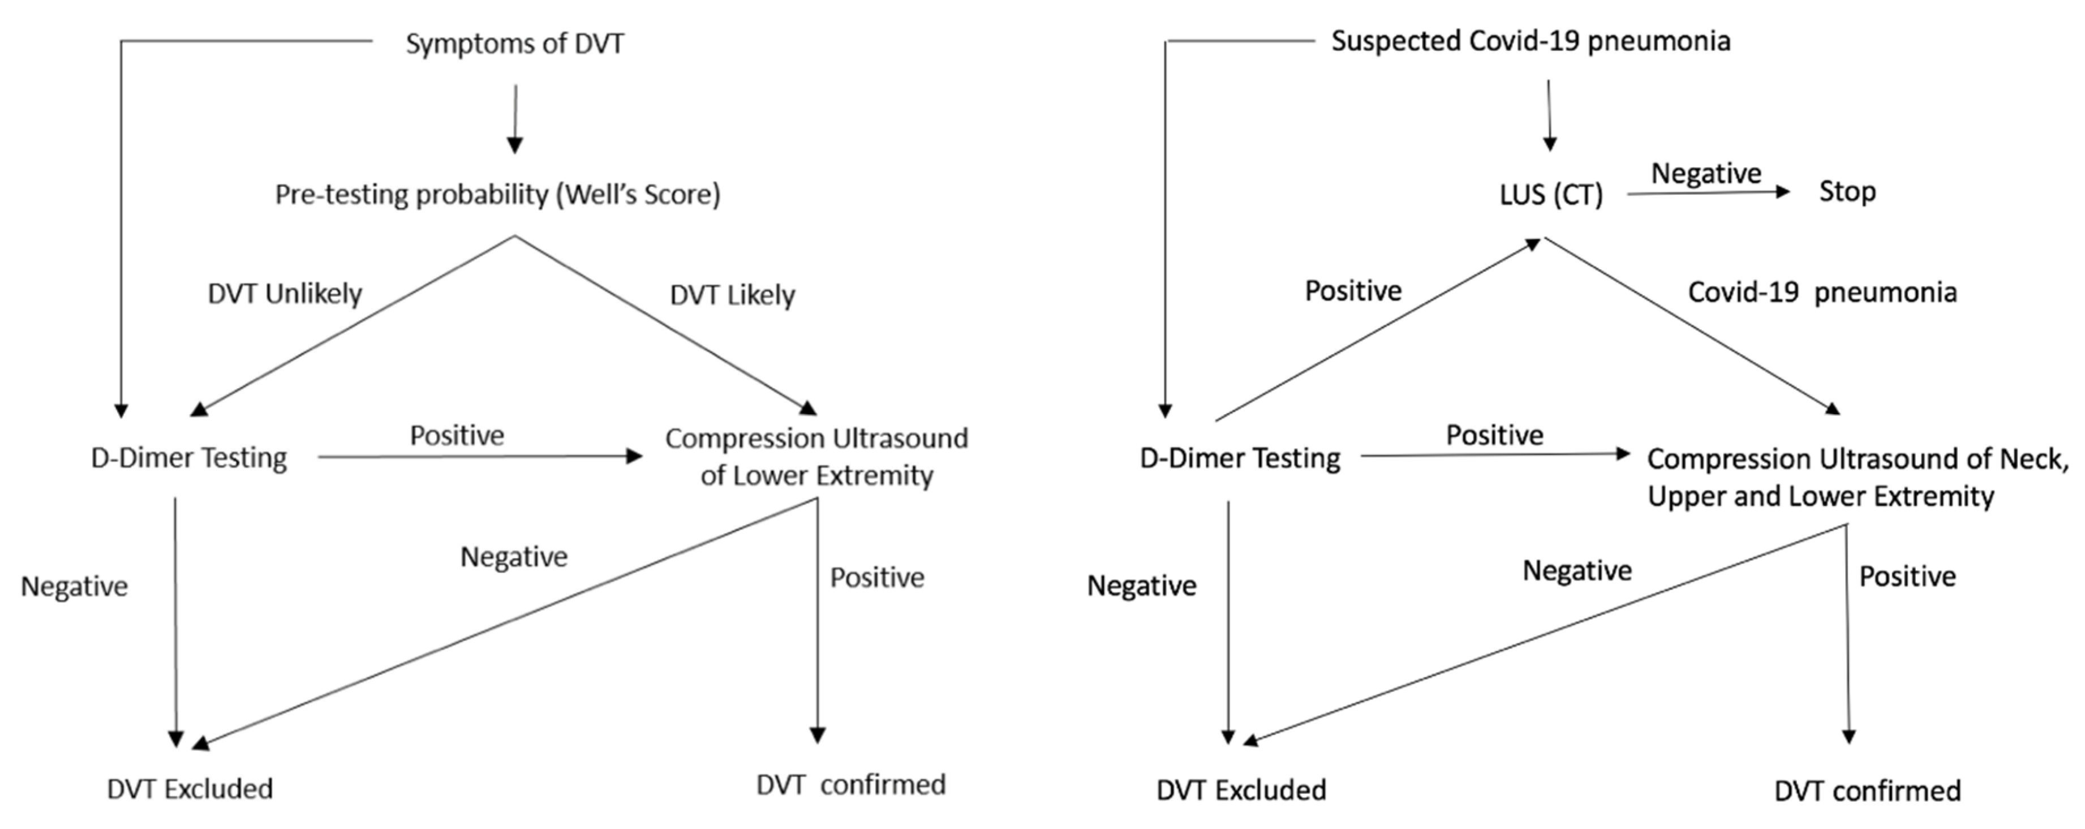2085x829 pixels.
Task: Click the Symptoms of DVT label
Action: [515, 44]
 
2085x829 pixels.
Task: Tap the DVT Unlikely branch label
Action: [285, 294]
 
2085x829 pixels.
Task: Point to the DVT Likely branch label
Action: [732, 295]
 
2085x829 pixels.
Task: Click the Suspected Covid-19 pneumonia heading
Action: [1531, 41]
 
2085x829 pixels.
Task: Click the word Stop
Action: [1847, 192]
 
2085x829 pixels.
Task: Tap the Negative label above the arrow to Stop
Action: [1706, 173]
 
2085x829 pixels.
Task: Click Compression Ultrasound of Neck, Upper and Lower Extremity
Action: [1857, 478]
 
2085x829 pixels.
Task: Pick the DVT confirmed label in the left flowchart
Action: [850, 784]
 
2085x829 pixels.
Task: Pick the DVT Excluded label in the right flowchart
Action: [1241, 790]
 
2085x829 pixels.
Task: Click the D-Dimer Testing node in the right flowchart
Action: [1239, 458]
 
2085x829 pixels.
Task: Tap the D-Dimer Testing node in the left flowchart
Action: [188, 458]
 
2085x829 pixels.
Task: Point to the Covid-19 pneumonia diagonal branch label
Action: [1822, 292]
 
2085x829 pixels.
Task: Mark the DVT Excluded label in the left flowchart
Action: [190, 788]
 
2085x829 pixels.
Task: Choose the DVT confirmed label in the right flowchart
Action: [1867, 791]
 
